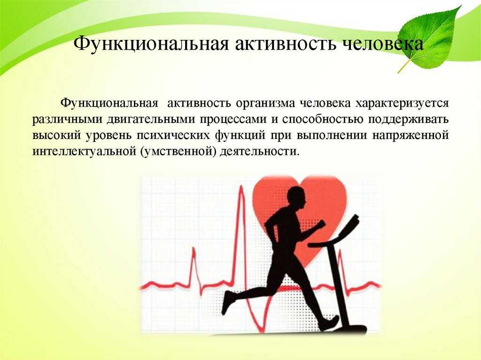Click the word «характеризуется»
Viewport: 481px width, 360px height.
click(x=402, y=104)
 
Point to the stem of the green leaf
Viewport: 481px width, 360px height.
click(x=403, y=66)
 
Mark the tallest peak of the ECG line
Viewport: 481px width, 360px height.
click(x=242, y=186)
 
